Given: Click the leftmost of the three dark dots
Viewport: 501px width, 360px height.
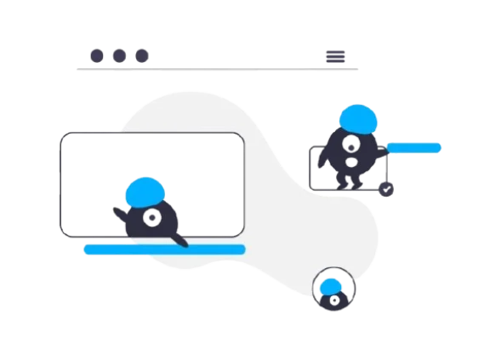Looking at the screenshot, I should click(x=97, y=56).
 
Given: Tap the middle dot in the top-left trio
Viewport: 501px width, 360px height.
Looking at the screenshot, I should click(x=120, y=56).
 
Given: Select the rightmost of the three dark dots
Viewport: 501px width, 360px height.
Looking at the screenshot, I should click(x=142, y=56).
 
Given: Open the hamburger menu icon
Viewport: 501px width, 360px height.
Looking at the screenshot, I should click(x=335, y=56).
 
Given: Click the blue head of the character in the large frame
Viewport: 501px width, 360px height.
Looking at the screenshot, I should click(x=144, y=192).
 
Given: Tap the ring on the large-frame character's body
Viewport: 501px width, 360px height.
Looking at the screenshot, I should click(x=151, y=218).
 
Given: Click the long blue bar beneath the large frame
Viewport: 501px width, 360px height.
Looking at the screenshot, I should click(x=164, y=249).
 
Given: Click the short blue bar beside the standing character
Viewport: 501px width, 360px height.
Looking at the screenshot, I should click(x=414, y=148).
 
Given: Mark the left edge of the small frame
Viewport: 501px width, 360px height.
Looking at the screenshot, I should click(x=309, y=167).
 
